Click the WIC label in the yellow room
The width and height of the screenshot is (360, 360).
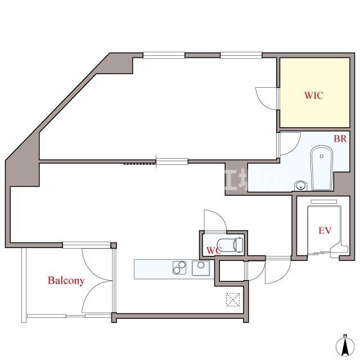pyautogui.click(x=313, y=96)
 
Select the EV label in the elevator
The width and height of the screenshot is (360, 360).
pyautogui.click(x=325, y=230)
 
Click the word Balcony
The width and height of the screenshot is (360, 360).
pyautogui.click(x=66, y=280)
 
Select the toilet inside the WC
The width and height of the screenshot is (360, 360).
pyautogui.click(x=232, y=245)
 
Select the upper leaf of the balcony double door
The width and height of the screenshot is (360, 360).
pyautogui.click(x=96, y=260)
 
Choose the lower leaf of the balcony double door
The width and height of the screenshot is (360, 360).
pyautogui.click(x=96, y=298)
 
